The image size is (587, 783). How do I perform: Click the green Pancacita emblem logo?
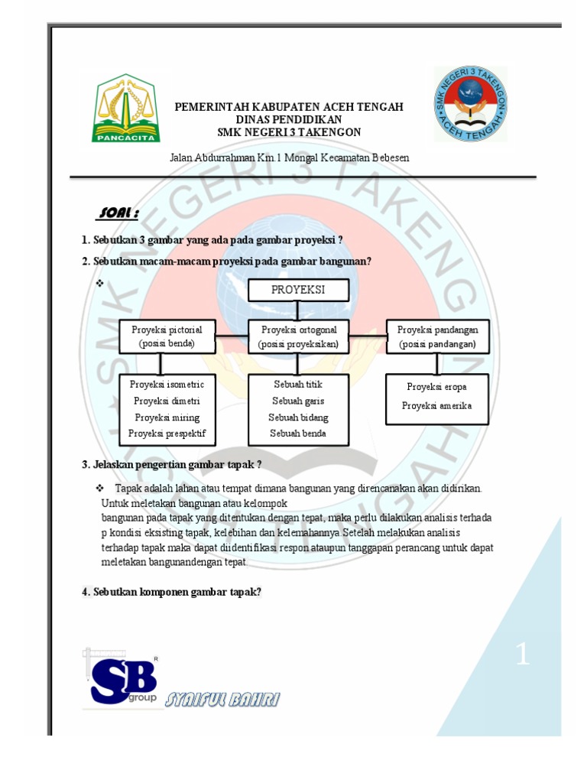[126, 109]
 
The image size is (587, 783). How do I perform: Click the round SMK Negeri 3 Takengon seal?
[471, 104]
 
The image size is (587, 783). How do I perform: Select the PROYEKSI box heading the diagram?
[298, 290]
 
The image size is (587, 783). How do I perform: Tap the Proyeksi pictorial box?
[167, 336]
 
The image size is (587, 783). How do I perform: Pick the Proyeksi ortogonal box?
[298, 336]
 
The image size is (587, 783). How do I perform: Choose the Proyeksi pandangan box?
[437, 336]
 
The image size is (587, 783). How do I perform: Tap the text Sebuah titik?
[298, 384]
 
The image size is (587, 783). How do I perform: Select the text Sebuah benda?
[298, 434]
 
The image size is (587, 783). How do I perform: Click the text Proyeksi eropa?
[436, 387]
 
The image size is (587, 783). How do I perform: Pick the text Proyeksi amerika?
[436, 405]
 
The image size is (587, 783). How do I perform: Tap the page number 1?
[522, 655]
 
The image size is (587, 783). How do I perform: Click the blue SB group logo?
[123, 679]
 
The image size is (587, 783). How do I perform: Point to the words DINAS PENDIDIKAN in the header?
[289, 120]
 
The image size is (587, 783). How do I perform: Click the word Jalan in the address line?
[181, 158]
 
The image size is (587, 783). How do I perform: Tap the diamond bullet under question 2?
[99, 283]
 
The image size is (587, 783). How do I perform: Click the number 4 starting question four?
[85, 591]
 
